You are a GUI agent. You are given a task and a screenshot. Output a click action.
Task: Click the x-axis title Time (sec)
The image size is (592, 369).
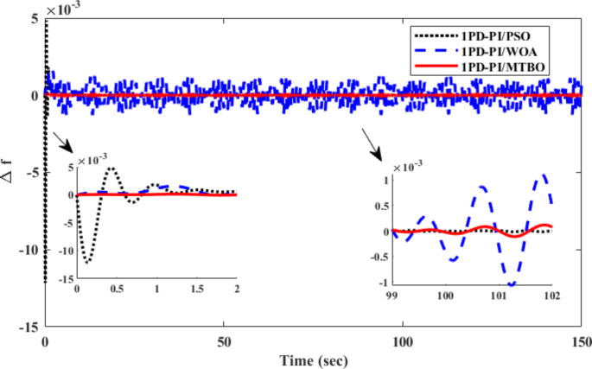313,357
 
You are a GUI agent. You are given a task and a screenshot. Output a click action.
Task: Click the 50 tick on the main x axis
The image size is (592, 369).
224,340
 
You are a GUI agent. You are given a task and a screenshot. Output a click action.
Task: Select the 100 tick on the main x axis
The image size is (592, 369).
403,340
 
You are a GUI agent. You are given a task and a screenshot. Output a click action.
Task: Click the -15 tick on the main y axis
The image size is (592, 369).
29,327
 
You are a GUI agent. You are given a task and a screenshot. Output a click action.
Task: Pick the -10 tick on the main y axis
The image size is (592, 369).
29,250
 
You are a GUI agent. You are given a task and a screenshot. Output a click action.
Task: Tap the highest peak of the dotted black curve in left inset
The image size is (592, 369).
111,169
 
